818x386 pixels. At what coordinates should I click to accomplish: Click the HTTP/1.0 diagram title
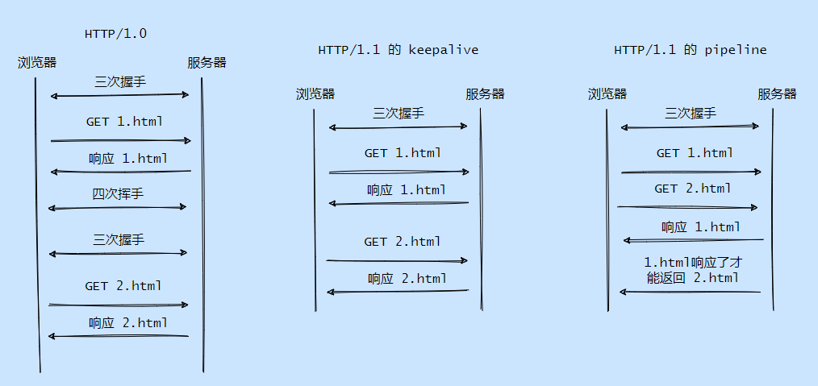115,34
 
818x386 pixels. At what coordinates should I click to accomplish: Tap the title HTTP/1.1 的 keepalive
398,50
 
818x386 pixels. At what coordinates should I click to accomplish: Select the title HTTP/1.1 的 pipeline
690,50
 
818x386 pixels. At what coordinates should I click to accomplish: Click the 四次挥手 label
118,193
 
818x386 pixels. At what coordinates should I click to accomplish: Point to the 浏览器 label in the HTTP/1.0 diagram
37,63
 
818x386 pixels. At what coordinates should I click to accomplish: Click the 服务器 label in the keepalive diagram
485,93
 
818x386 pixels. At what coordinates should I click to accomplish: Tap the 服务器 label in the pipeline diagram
777,94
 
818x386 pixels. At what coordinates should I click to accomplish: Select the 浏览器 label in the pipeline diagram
607,94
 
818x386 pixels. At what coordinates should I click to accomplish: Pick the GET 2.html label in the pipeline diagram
693,189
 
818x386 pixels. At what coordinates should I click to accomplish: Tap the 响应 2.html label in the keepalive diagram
407,279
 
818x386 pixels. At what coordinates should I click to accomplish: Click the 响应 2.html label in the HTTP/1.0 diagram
128,323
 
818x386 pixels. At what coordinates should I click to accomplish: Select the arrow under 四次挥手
118,208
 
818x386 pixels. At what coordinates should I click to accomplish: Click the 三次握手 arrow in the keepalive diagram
398,127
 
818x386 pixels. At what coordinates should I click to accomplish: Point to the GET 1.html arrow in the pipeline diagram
691,172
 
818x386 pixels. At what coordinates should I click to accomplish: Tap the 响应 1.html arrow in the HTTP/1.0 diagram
120,172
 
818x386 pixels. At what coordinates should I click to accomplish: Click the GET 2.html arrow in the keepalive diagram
397,260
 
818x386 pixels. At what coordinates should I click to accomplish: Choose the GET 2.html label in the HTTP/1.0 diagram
123,286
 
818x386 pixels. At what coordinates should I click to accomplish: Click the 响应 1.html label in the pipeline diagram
701,227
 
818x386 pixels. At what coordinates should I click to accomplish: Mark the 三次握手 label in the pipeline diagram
691,114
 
